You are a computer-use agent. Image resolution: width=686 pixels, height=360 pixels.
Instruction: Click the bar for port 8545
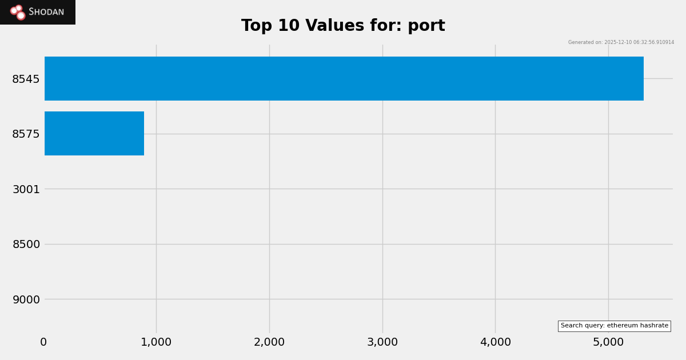(344, 78)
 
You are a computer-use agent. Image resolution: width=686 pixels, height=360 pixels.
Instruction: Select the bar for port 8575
(94, 133)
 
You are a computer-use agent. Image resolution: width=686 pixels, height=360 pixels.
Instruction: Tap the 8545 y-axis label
(26, 79)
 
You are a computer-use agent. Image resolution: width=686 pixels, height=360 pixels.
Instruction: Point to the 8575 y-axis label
(26, 134)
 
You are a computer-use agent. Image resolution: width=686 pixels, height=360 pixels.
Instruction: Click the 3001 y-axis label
(26, 189)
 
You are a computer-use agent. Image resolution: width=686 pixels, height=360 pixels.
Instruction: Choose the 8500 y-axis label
(26, 244)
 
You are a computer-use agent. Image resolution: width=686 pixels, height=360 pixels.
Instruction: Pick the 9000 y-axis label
(26, 299)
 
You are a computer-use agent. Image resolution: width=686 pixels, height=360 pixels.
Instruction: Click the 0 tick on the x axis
(43, 342)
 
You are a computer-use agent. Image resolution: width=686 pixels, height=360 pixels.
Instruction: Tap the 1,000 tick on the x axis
(156, 342)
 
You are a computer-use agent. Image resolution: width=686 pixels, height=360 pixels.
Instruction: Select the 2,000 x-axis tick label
(269, 342)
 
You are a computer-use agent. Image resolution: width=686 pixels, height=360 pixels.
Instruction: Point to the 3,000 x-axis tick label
(382, 342)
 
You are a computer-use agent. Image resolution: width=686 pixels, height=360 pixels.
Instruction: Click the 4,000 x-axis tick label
(495, 342)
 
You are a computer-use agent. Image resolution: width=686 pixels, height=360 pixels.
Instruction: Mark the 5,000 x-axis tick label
(608, 342)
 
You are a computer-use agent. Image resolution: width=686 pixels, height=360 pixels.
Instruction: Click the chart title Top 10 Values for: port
(343, 26)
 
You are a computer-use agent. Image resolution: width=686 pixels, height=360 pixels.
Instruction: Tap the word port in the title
(426, 26)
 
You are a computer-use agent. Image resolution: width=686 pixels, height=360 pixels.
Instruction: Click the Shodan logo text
(46, 12)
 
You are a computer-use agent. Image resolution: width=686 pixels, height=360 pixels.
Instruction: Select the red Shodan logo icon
(18, 12)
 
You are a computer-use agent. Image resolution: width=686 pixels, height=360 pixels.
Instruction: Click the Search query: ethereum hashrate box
(614, 326)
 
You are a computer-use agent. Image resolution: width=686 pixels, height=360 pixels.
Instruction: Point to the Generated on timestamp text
(621, 42)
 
